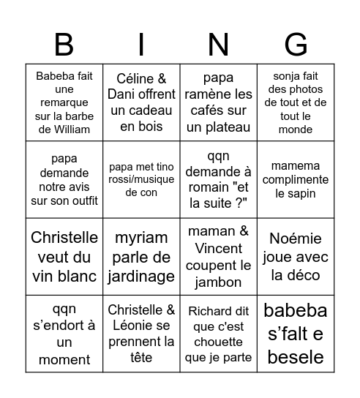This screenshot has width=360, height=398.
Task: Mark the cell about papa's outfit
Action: (x=64, y=179)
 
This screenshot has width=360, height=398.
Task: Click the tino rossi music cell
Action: (x=141, y=179)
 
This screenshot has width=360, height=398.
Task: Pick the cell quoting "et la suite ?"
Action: (x=218, y=179)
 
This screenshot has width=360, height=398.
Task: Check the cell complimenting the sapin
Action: (x=296, y=179)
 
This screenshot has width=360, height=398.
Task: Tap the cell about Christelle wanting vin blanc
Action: (x=64, y=256)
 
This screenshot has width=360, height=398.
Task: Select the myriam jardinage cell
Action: (x=141, y=256)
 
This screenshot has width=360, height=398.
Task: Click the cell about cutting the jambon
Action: (x=218, y=256)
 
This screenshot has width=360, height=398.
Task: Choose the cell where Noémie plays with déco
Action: (x=296, y=256)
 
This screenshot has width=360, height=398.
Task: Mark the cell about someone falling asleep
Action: (x=64, y=334)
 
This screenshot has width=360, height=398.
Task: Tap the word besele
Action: (x=296, y=357)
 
